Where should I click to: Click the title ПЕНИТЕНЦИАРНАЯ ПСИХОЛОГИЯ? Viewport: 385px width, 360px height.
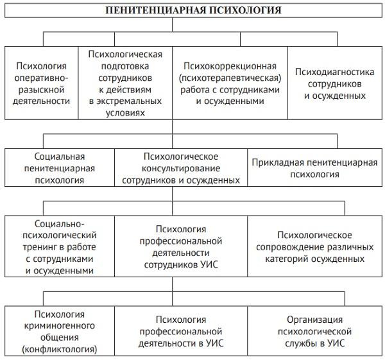193,11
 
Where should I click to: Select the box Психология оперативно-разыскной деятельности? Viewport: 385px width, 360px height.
42,83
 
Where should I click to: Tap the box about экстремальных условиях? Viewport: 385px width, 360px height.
125,83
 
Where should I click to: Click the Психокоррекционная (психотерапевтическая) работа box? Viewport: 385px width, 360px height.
230,83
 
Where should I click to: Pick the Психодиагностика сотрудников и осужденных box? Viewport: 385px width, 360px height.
335,83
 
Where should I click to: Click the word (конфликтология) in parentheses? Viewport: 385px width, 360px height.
60,350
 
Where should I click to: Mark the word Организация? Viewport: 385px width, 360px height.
314,320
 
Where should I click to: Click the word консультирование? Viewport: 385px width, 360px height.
180,168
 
